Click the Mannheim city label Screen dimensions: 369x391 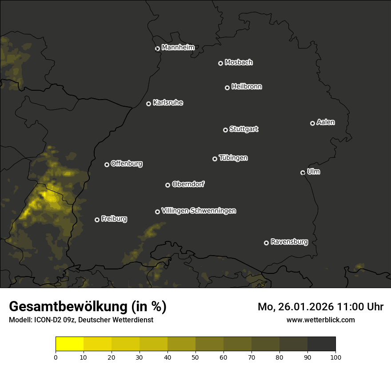(178, 48)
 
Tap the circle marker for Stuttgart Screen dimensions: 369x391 (225, 130)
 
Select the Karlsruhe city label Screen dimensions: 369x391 (168, 103)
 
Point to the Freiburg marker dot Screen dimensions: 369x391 (97, 220)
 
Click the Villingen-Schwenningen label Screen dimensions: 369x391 (199, 211)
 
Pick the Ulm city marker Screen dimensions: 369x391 (303, 172)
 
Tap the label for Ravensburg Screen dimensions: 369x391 (289, 242)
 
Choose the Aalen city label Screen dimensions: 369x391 (326, 122)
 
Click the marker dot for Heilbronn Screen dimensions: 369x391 (227, 88)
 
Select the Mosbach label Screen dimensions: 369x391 (239, 63)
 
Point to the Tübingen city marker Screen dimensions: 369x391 (215, 159)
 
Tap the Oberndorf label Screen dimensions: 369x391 (188, 184)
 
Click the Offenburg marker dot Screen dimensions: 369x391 (107, 164)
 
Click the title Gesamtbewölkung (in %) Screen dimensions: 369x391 (88, 307)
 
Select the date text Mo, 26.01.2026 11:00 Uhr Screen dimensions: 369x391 (320, 307)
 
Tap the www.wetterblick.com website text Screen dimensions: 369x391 (320, 320)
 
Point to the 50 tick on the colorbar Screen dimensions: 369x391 (195, 357)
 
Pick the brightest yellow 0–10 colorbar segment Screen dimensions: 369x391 (69, 344)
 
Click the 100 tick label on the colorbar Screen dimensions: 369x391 (335, 357)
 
